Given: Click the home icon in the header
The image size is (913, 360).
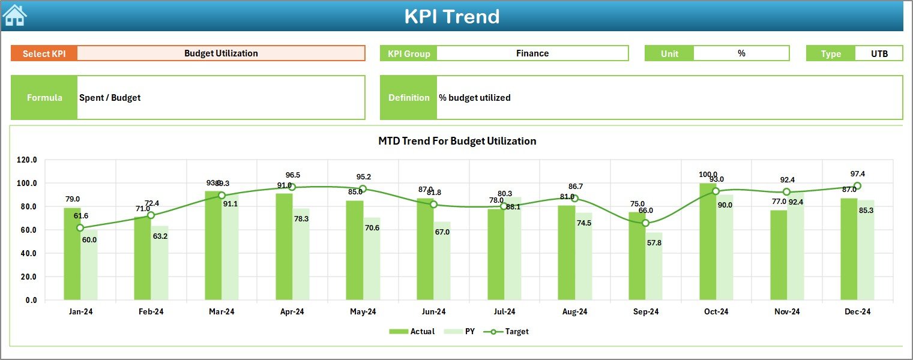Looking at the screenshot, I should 14,15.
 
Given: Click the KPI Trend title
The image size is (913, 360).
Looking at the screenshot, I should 451,16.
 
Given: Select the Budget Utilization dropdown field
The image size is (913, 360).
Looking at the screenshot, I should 221,53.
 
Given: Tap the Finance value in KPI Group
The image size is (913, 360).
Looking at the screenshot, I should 532,53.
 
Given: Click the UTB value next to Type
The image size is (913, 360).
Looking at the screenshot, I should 879,53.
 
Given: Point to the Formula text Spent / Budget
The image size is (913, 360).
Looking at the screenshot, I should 110,98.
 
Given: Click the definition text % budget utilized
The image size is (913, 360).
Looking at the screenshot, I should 475,98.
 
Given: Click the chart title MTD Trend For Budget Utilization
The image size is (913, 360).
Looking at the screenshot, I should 457,141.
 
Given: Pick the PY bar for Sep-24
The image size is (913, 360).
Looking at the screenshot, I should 654,266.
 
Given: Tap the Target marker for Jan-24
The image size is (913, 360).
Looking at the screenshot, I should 80,228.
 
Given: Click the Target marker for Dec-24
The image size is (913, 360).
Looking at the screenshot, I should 857,186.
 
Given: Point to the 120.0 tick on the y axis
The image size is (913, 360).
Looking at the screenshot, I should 27,160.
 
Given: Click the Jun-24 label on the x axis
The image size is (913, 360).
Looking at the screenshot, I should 433,312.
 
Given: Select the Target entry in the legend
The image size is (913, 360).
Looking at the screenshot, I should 510,331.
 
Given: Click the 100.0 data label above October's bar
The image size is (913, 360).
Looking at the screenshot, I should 708,175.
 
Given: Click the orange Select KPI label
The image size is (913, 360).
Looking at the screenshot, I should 44,53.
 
